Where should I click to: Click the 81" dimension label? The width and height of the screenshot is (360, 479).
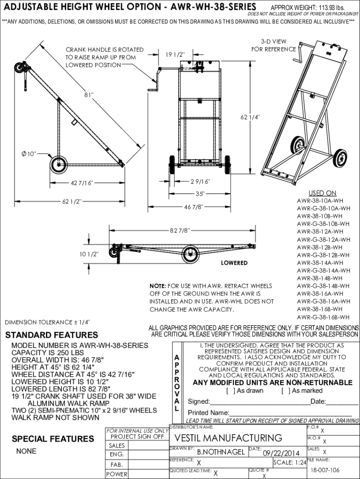tap(89, 95)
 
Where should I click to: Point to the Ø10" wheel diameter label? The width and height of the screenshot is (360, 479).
tap(29, 153)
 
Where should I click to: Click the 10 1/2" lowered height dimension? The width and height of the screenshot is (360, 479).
tap(88, 254)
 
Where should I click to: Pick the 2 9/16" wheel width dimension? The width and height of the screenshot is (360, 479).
tap(200, 181)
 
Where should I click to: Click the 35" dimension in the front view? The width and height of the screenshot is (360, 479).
tap(200, 193)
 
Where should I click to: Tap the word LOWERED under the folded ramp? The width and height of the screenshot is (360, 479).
tap(234, 263)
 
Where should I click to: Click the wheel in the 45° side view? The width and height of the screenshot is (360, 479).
tap(58, 165)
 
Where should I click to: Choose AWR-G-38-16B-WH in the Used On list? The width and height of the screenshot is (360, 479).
tap(323, 317)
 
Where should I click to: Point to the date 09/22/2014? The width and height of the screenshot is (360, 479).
tap(281, 453)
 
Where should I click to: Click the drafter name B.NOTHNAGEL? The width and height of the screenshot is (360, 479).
tap(221, 452)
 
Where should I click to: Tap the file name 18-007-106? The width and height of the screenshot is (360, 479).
tap(325, 470)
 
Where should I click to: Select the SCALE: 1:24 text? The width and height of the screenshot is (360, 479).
tap(289, 463)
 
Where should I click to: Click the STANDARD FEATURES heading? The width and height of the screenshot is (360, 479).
tap(51, 335)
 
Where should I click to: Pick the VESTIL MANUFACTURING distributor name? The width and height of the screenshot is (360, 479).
tap(228, 438)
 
